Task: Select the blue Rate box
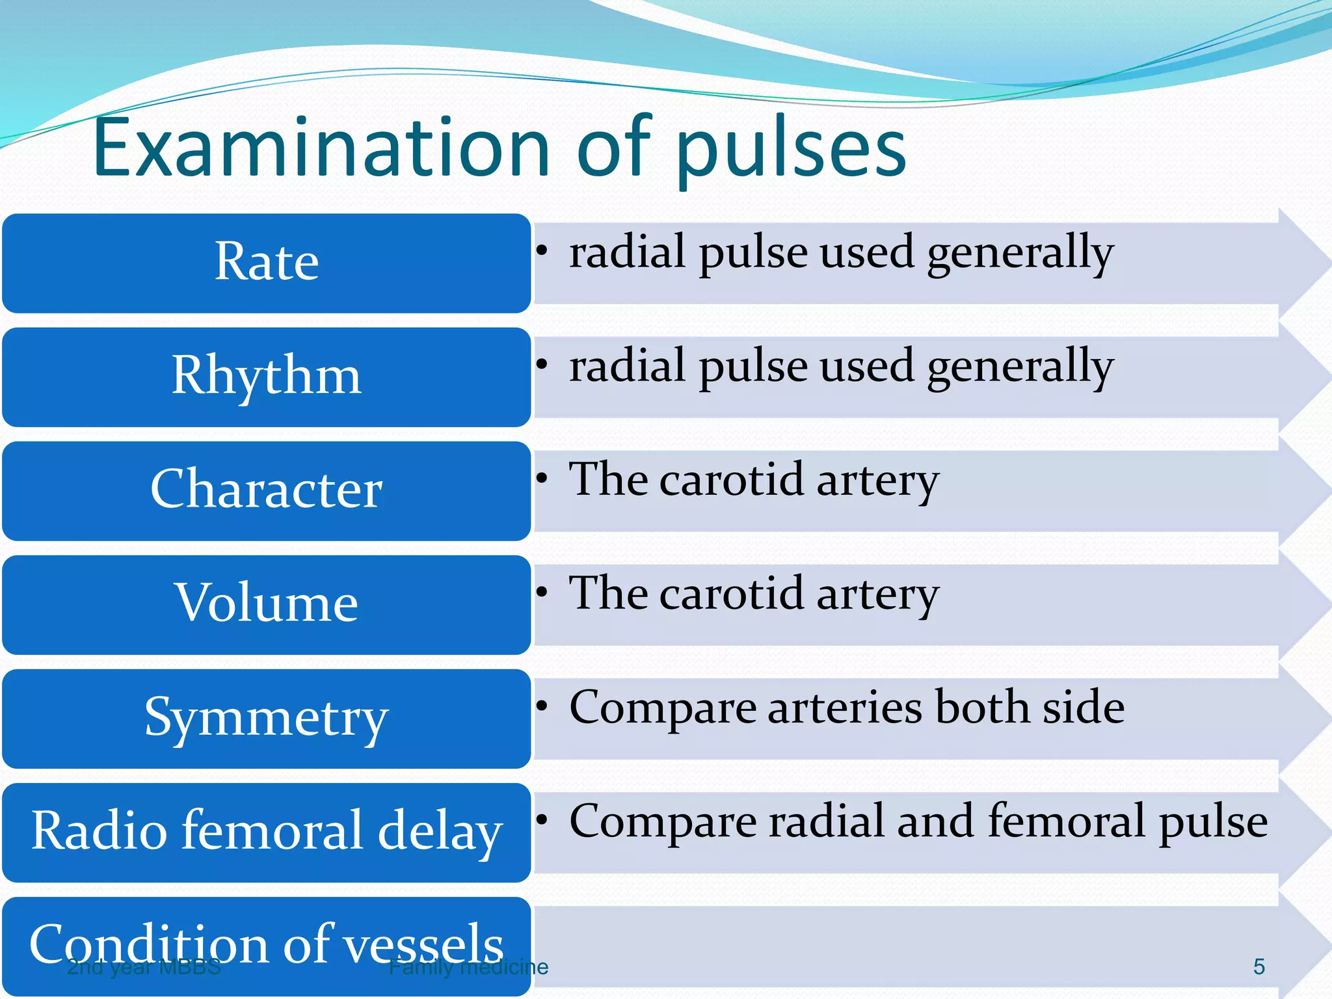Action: point(267,263)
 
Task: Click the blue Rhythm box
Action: point(267,377)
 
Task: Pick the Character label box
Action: point(267,490)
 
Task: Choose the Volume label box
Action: point(267,604)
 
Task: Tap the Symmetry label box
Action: point(267,718)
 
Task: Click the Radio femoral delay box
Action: point(267,832)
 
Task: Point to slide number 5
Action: point(1259,966)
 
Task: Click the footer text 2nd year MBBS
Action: point(144,967)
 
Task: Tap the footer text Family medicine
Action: point(468,967)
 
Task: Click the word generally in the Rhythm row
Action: point(1020,367)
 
